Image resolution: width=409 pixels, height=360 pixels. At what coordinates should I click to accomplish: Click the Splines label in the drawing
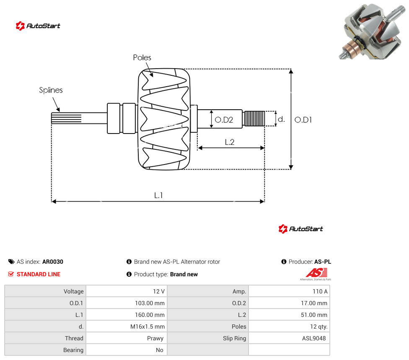51,90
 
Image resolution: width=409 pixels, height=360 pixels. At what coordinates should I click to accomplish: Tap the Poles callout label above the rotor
142,58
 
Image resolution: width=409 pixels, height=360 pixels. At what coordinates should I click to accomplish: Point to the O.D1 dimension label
303,120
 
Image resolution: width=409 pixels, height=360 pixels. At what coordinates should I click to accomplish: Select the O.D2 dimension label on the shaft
224,120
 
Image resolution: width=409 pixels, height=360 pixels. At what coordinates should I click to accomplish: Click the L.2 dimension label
230,142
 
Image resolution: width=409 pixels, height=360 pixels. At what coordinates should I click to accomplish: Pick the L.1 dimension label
158,195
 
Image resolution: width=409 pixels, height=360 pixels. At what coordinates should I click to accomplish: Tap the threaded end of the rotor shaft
254,118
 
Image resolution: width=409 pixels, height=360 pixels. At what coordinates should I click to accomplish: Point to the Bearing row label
73,350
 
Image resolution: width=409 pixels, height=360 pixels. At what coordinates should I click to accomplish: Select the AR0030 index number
53,262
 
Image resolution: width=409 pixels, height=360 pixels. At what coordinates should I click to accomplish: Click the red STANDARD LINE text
39,274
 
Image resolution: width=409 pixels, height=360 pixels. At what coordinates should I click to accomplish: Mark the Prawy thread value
155,338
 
